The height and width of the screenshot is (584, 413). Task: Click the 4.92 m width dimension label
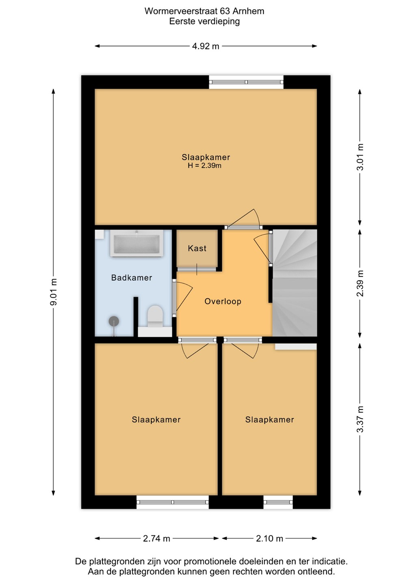point(205,46)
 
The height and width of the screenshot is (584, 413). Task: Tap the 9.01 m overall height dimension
point(54,292)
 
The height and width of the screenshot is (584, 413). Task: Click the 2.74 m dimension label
point(157,539)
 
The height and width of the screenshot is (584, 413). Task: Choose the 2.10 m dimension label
point(269,539)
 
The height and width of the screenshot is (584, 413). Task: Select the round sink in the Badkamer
point(114,322)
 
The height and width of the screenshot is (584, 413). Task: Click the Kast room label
point(197,248)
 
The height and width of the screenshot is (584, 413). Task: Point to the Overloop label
point(223,301)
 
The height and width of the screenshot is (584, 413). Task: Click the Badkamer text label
point(131,277)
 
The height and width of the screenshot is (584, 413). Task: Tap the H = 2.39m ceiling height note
point(204,165)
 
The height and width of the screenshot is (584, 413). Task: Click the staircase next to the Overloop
point(295,283)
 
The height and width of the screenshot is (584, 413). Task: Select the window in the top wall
point(246,82)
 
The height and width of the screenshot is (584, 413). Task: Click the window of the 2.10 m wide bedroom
point(278,502)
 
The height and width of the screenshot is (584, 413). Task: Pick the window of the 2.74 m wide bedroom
point(172,502)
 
